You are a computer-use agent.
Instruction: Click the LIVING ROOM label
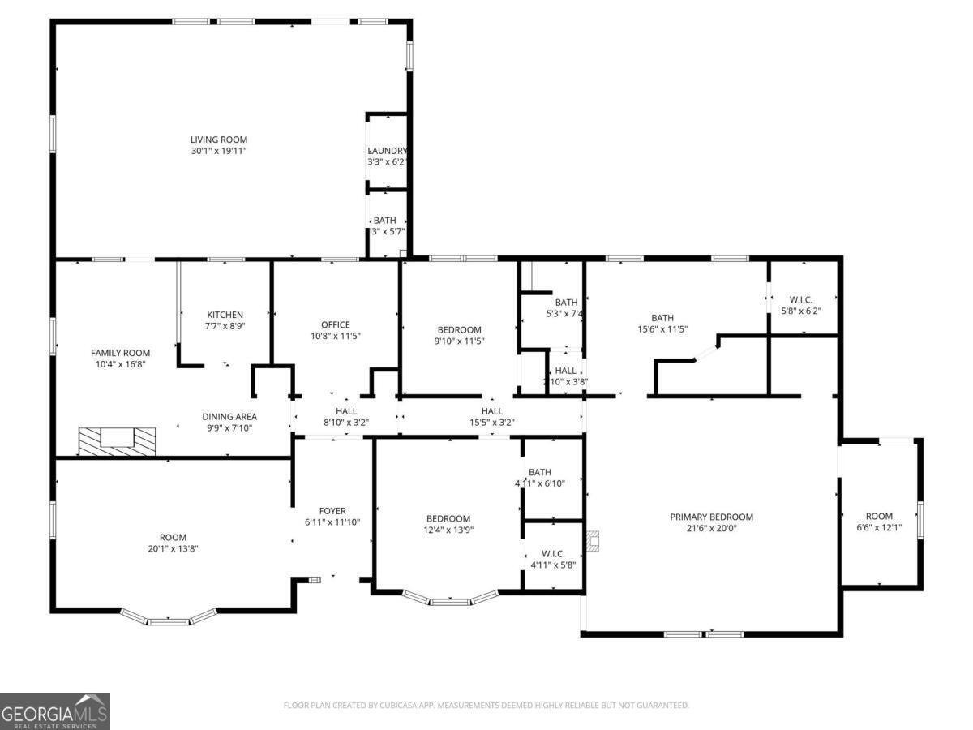coord(218,140)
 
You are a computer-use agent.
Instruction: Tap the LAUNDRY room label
coord(387,151)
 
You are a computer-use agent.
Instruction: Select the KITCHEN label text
coord(225,315)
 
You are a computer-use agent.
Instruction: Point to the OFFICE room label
coord(335,324)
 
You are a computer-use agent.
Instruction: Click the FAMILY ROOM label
coord(120,353)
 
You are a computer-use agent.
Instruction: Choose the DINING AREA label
coord(229,416)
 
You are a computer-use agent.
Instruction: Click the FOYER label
coord(332,511)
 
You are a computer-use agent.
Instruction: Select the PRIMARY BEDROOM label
coord(711,517)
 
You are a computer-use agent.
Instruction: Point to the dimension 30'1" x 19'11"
coord(218,151)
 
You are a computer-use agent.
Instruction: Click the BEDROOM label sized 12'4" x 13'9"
coord(448,518)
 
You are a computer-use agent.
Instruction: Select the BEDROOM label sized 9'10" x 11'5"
coord(459,329)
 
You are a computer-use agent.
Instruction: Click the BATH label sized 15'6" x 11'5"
coord(662,318)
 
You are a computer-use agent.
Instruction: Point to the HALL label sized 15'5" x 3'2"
coord(491,411)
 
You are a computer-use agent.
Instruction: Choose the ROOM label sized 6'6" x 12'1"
coord(879,516)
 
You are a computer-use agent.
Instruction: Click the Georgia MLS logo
coord(54,711)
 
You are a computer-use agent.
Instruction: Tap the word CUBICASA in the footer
coord(401,706)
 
